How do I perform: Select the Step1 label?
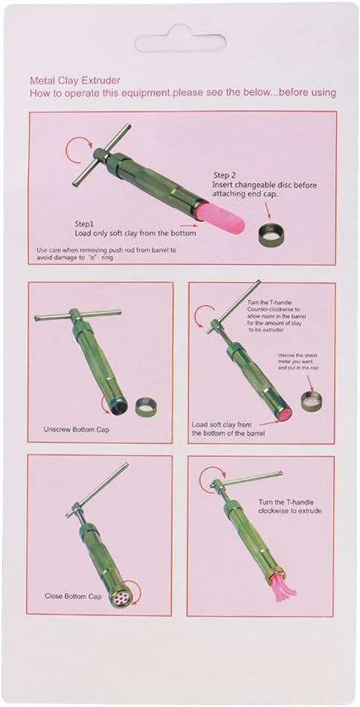85,224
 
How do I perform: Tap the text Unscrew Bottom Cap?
76,429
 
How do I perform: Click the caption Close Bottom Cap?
73,595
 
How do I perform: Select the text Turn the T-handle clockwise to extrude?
290,506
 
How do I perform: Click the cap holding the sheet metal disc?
312,400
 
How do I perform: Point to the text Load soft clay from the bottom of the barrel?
228,429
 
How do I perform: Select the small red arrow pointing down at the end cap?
269,211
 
